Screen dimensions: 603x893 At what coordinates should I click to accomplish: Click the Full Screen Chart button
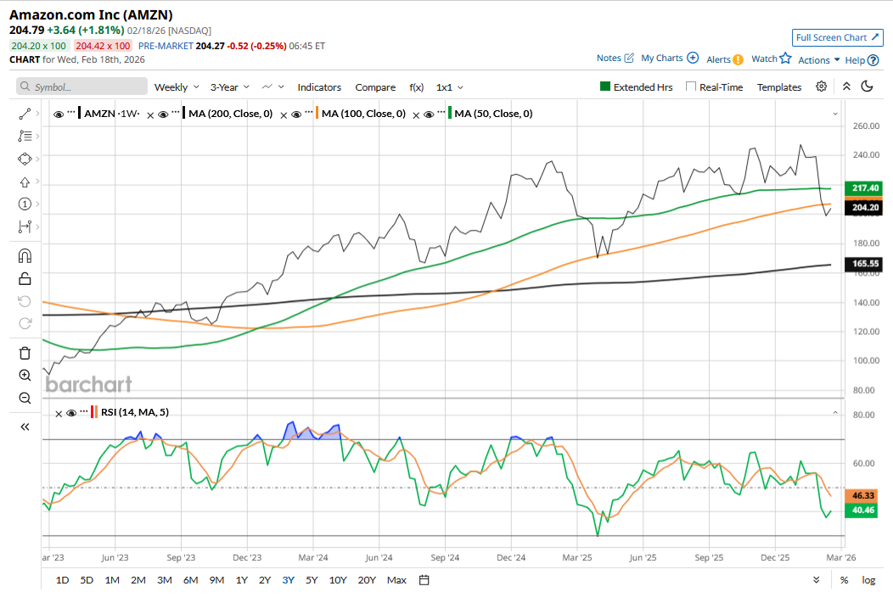tap(838, 37)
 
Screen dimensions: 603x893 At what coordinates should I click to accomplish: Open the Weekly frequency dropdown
tap(176, 87)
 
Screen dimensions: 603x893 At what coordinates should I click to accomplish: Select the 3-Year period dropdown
tap(229, 87)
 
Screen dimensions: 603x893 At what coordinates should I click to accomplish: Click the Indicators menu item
tap(319, 87)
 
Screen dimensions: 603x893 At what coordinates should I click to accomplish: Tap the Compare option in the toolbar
tap(375, 87)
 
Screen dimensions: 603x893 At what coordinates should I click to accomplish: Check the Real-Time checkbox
tap(691, 87)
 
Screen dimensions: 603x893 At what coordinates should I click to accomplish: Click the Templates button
tap(778, 87)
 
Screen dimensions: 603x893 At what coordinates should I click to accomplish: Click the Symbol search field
tap(81, 87)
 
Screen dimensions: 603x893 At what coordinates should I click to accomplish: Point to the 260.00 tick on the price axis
tap(864, 126)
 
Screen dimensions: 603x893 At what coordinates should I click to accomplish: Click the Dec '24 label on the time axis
tap(511, 558)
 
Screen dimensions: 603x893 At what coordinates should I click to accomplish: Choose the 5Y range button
tap(312, 580)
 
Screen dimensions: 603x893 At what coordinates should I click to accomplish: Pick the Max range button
tap(396, 580)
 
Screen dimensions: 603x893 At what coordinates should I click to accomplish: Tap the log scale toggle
tap(868, 580)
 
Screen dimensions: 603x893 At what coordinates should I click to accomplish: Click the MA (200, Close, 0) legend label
tap(231, 114)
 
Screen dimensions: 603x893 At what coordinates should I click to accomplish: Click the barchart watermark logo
tap(88, 384)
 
